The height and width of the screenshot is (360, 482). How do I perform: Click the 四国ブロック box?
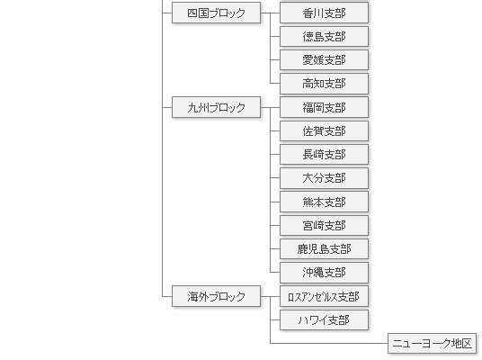(x=216, y=13)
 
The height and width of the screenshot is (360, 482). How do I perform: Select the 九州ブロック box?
(x=216, y=107)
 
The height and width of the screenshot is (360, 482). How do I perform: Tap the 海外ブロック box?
(x=216, y=296)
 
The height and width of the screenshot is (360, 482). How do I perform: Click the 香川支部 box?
(x=324, y=13)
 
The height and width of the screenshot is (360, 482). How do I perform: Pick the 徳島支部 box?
(x=324, y=37)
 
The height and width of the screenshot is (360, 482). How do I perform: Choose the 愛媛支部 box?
(x=324, y=60)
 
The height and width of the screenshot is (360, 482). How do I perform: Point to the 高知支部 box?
(x=324, y=84)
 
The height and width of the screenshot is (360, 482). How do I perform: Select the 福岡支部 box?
(x=324, y=107)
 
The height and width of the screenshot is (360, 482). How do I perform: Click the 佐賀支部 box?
(x=324, y=131)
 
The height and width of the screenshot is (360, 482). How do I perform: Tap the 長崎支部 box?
(x=324, y=155)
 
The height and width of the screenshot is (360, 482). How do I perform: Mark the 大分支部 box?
(x=324, y=178)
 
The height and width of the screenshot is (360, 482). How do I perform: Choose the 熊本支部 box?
(x=324, y=202)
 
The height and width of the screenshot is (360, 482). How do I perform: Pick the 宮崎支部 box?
(x=324, y=226)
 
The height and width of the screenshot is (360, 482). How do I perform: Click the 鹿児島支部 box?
(x=324, y=249)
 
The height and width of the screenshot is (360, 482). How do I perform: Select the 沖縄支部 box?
(x=324, y=273)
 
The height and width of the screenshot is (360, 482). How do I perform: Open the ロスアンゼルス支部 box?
(x=324, y=296)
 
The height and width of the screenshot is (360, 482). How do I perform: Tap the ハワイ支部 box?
(x=324, y=320)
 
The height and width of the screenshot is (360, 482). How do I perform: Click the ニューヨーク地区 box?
(x=432, y=344)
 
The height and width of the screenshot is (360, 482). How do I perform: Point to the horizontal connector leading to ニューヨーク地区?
(x=329, y=344)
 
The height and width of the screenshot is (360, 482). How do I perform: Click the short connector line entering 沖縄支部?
(x=275, y=273)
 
